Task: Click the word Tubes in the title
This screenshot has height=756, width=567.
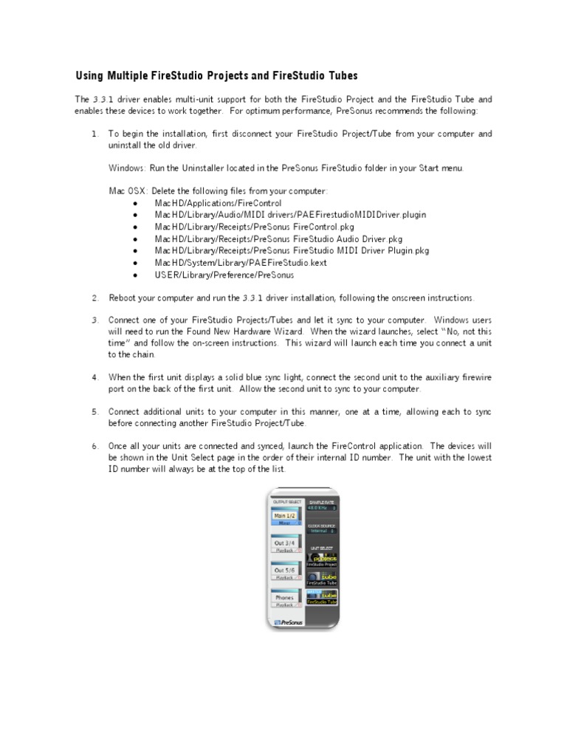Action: point(340,76)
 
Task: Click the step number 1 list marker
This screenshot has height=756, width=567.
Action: point(94,134)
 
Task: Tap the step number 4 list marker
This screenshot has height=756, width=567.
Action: point(94,377)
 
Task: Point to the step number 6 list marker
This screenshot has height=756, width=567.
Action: point(94,447)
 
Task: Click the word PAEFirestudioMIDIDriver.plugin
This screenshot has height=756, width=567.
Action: point(361,215)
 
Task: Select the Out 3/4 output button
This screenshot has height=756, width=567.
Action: point(284,543)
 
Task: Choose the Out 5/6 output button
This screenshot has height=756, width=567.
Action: point(284,571)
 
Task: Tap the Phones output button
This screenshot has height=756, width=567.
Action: point(284,598)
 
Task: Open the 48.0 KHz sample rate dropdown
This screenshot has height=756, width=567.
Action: point(321,508)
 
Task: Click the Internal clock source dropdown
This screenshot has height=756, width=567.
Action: point(321,530)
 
